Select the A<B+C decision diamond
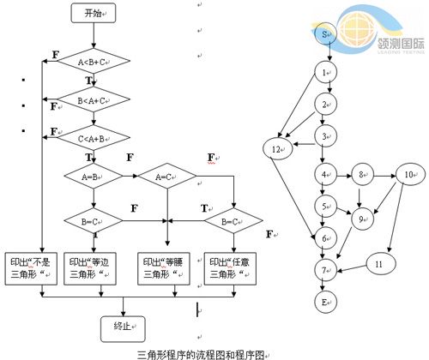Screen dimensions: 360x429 93,62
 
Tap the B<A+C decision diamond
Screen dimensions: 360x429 93,100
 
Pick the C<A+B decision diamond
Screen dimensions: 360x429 93,136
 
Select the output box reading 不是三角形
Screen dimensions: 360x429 32,267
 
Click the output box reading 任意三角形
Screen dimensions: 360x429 229,267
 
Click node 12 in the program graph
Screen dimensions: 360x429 275,149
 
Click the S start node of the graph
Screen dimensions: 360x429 327,34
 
